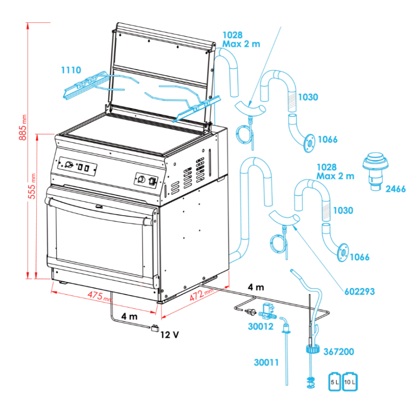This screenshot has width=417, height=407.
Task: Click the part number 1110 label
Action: (71, 70)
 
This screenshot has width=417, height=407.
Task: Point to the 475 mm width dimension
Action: (100, 296)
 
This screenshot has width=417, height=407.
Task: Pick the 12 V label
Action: (169, 335)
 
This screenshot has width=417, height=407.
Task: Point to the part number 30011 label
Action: (266, 362)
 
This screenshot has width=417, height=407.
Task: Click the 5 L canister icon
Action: (335, 381)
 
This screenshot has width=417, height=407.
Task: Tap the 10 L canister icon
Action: (350, 381)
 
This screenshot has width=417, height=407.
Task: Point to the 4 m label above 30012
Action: (255, 287)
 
